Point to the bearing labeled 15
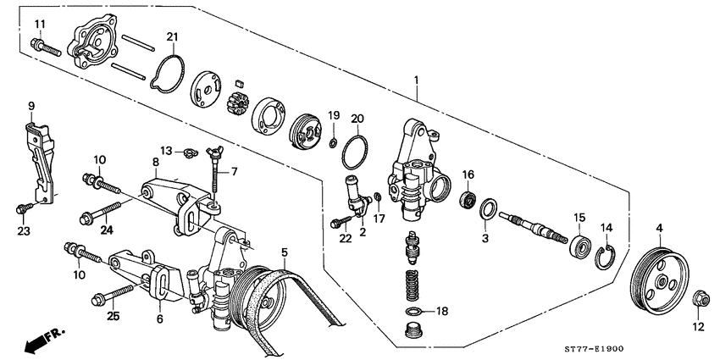pos(581,247)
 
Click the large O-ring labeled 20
pos(356,151)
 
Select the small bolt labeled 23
pos(25,206)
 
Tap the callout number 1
pos(416,82)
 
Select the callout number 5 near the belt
pos(285,252)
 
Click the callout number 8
pos(156,161)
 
